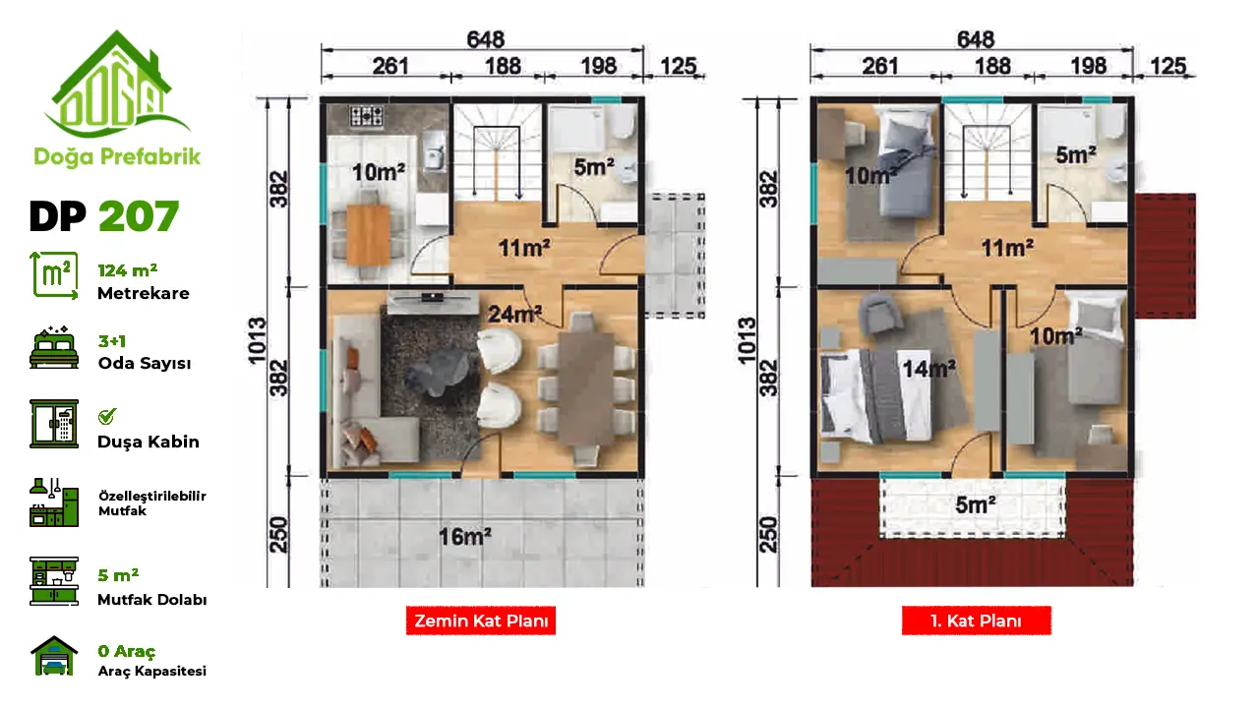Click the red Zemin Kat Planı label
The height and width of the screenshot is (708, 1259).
(481, 620)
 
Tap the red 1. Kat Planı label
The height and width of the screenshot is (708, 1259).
(977, 620)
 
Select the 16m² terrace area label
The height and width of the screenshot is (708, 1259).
(465, 537)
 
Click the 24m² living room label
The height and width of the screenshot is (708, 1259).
(514, 314)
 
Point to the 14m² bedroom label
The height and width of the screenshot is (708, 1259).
(929, 369)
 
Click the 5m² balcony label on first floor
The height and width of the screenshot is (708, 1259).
(975, 504)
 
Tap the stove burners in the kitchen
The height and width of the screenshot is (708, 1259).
(367, 116)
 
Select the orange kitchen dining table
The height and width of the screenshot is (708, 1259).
(368, 235)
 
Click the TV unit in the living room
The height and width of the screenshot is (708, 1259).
(433, 302)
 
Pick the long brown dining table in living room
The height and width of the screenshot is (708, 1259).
(585, 388)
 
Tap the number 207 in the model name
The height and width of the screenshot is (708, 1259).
(139, 215)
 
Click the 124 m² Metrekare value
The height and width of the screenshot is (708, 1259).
(128, 270)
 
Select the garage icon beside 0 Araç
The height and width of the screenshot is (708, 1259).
(54, 655)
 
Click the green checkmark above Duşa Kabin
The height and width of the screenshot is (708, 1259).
(107, 416)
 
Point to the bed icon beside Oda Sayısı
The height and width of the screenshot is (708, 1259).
(54, 348)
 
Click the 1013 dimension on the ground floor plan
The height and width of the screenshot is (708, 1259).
(257, 341)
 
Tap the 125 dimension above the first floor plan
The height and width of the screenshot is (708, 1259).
(1169, 66)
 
